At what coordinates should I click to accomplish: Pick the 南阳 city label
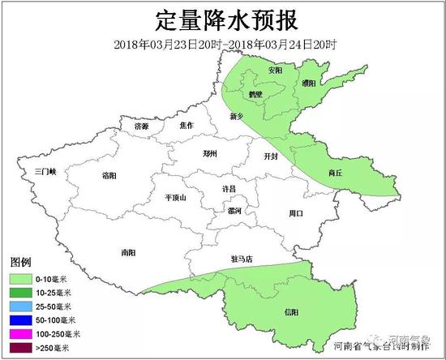[128, 251]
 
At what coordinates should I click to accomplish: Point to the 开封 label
[271, 156]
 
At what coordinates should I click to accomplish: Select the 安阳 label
[276, 71]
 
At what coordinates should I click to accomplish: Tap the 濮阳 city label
[309, 82]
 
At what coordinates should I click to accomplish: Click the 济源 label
[142, 126]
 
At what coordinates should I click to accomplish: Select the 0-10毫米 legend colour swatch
[19, 279]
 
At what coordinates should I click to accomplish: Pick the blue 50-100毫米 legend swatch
[19, 320]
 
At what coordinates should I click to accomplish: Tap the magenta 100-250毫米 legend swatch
[19, 334]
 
